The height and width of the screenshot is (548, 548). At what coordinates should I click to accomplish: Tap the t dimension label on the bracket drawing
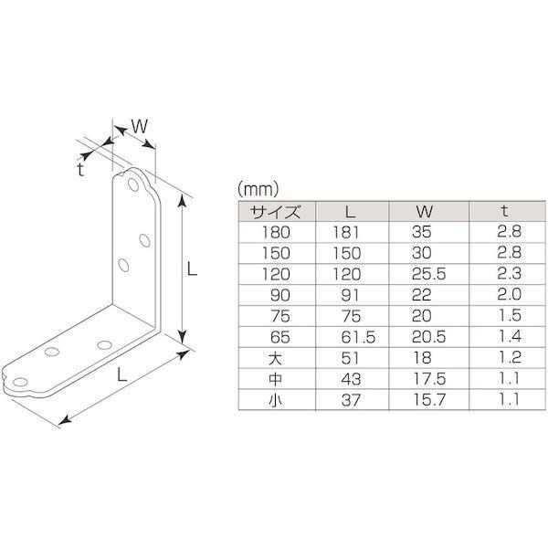pos(80,169)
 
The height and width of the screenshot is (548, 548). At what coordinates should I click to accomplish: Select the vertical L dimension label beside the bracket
pos(193,269)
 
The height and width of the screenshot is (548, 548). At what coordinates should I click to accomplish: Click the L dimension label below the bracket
pos(120,373)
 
